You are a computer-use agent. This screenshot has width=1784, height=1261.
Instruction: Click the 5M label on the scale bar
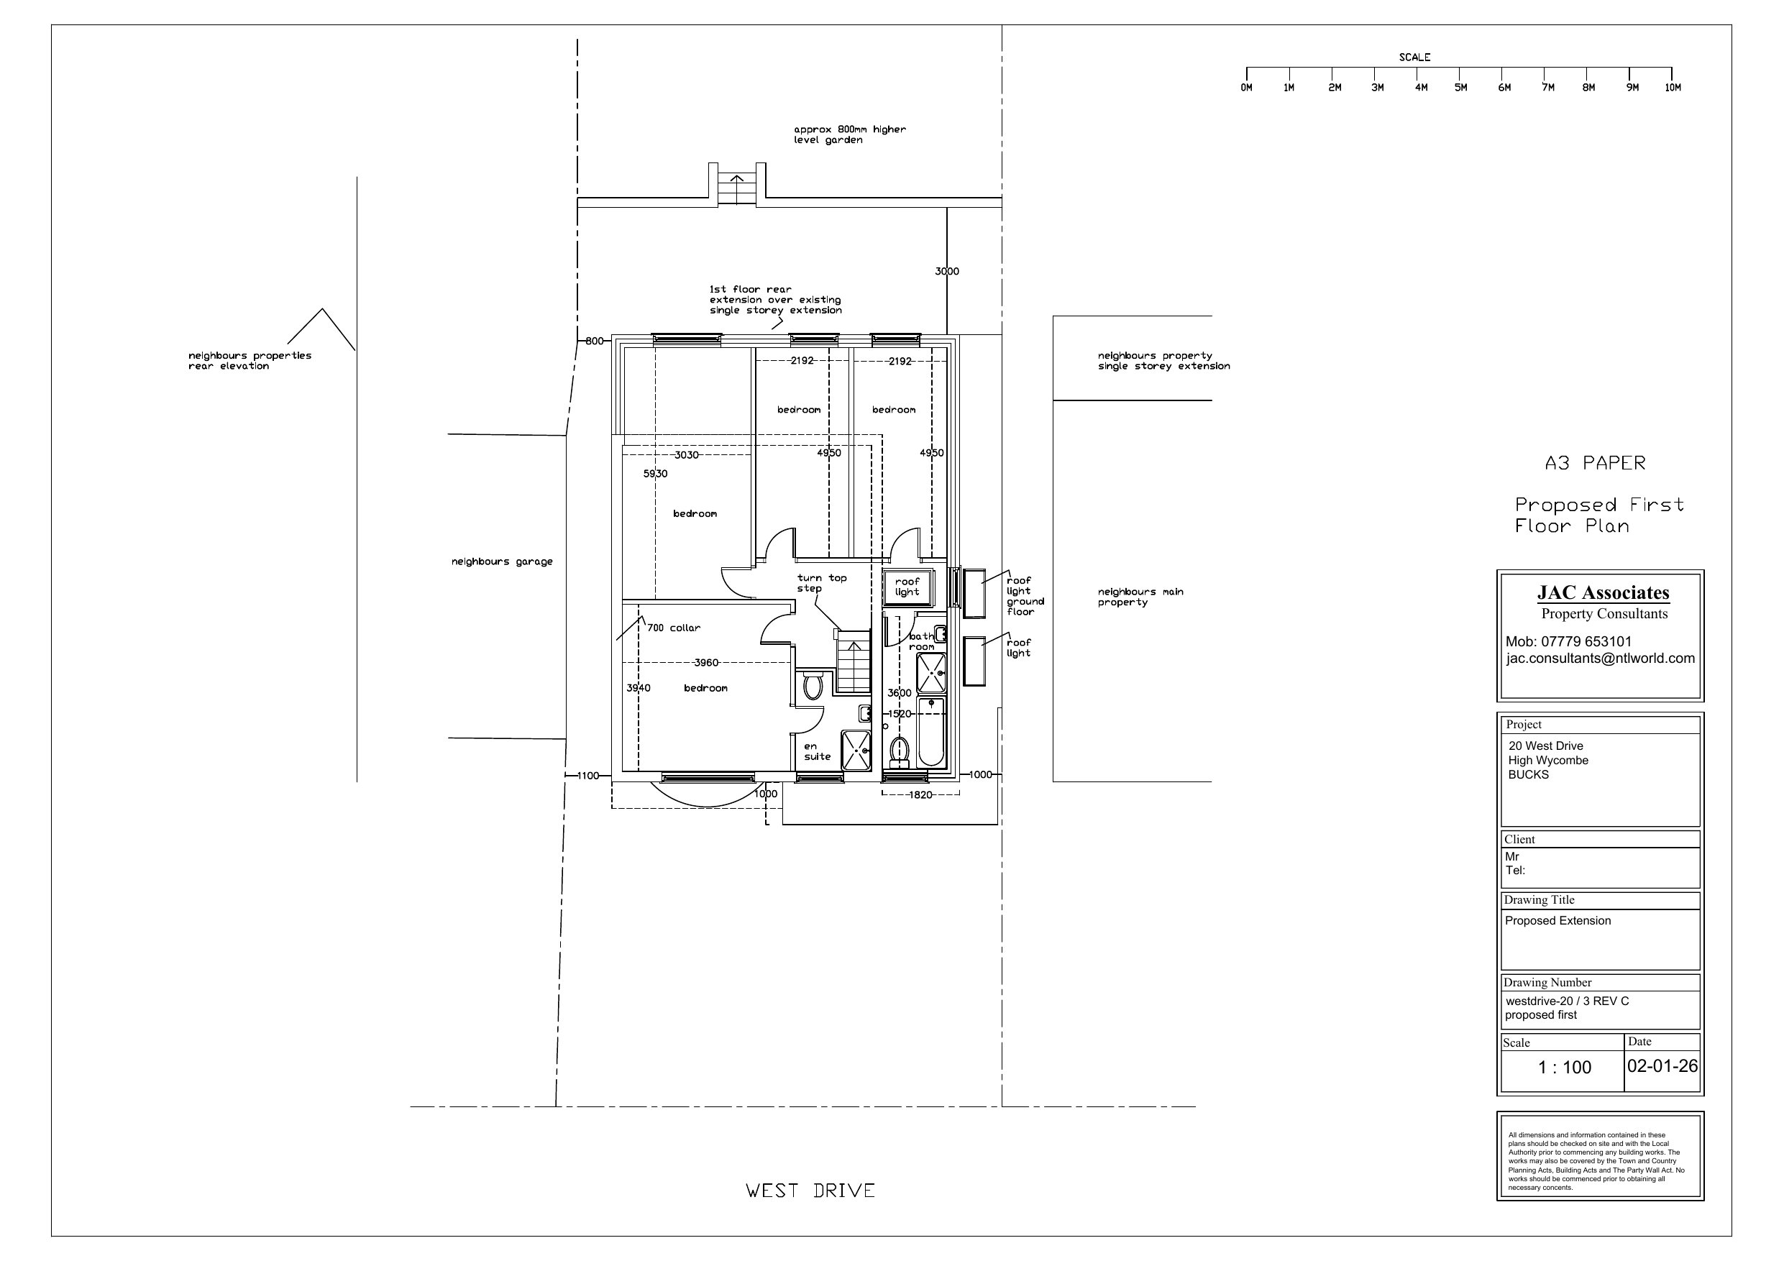click(x=1460, y=88)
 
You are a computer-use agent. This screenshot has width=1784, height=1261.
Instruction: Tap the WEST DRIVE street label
click(x=810, y=1191)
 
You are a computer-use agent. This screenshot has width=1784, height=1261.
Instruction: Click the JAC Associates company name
click(x=1603, y=593)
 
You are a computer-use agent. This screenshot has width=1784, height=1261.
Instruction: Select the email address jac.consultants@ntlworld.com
click(x=1601, y=658)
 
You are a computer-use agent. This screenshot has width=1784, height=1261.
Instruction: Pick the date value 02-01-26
click(x=1662, y=1066)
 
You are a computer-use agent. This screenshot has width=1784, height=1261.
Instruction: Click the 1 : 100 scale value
click(x=1565, y=1068)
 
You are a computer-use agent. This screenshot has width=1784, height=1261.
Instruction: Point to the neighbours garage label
click(x=502, y=561)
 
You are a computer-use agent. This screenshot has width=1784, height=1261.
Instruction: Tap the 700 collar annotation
click(x=674, y=628)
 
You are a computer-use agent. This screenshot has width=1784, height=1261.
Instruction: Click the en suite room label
click(x=818, y=751)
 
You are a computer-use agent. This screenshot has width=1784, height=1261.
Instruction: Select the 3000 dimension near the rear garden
click(x=947, y=271)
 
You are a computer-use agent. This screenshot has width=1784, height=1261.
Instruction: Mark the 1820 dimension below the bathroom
click(x=920, y=795)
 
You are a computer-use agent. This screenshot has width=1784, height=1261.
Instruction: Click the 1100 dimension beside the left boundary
click(x=588, y=776)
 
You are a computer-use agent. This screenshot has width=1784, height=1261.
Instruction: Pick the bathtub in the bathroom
click(x=931, y=732)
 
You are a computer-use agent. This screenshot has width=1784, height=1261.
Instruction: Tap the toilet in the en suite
click(x=813, y=684)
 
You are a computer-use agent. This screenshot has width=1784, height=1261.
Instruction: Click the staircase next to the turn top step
click(x=852, y=661)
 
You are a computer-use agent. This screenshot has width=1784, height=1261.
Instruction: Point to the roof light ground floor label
click(x=1025, y=596)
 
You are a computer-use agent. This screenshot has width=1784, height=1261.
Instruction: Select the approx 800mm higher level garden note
click(x=849, y=134)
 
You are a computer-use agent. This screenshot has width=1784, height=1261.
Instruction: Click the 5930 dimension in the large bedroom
click(x=655, y=474)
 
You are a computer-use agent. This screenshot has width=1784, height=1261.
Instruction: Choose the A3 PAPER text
click(x=1595, y=463)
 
